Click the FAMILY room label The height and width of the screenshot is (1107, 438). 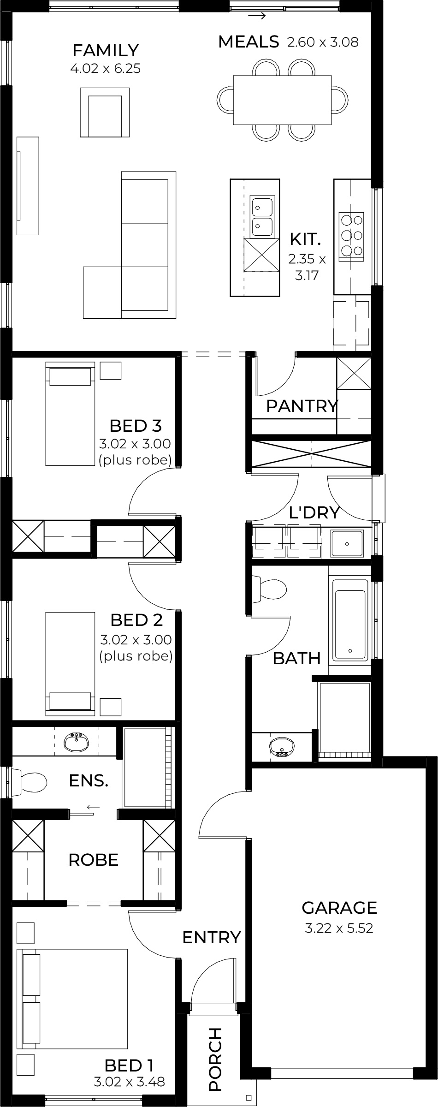106,50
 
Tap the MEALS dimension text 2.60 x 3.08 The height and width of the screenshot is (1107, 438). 323,42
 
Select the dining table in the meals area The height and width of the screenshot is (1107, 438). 282,100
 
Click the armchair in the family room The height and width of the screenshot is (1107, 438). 106,112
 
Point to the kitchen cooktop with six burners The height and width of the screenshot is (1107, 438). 351,234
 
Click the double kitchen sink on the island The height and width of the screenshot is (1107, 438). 262,216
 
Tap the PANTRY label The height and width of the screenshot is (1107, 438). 302,406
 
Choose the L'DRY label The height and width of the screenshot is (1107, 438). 314,512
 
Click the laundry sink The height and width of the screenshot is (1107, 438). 347,543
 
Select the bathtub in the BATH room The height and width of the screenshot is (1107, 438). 351,619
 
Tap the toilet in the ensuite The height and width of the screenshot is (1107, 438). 29,782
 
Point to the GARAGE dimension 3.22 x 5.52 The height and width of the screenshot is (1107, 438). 339,928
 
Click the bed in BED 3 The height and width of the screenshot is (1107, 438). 70,414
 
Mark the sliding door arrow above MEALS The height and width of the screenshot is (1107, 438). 257,17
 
